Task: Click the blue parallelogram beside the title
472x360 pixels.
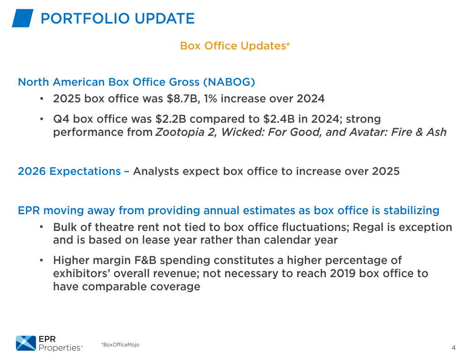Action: point(23,18)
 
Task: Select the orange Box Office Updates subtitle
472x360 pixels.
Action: point(235,46)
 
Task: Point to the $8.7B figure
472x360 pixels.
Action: point(183,98)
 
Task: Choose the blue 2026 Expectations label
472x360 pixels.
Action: point(69,171)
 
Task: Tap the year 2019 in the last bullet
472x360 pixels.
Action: point(343,274)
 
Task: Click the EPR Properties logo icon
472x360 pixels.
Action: point(26,343)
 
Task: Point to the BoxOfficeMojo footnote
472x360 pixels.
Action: point(120,345)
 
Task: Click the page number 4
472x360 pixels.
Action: point(453,348)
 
